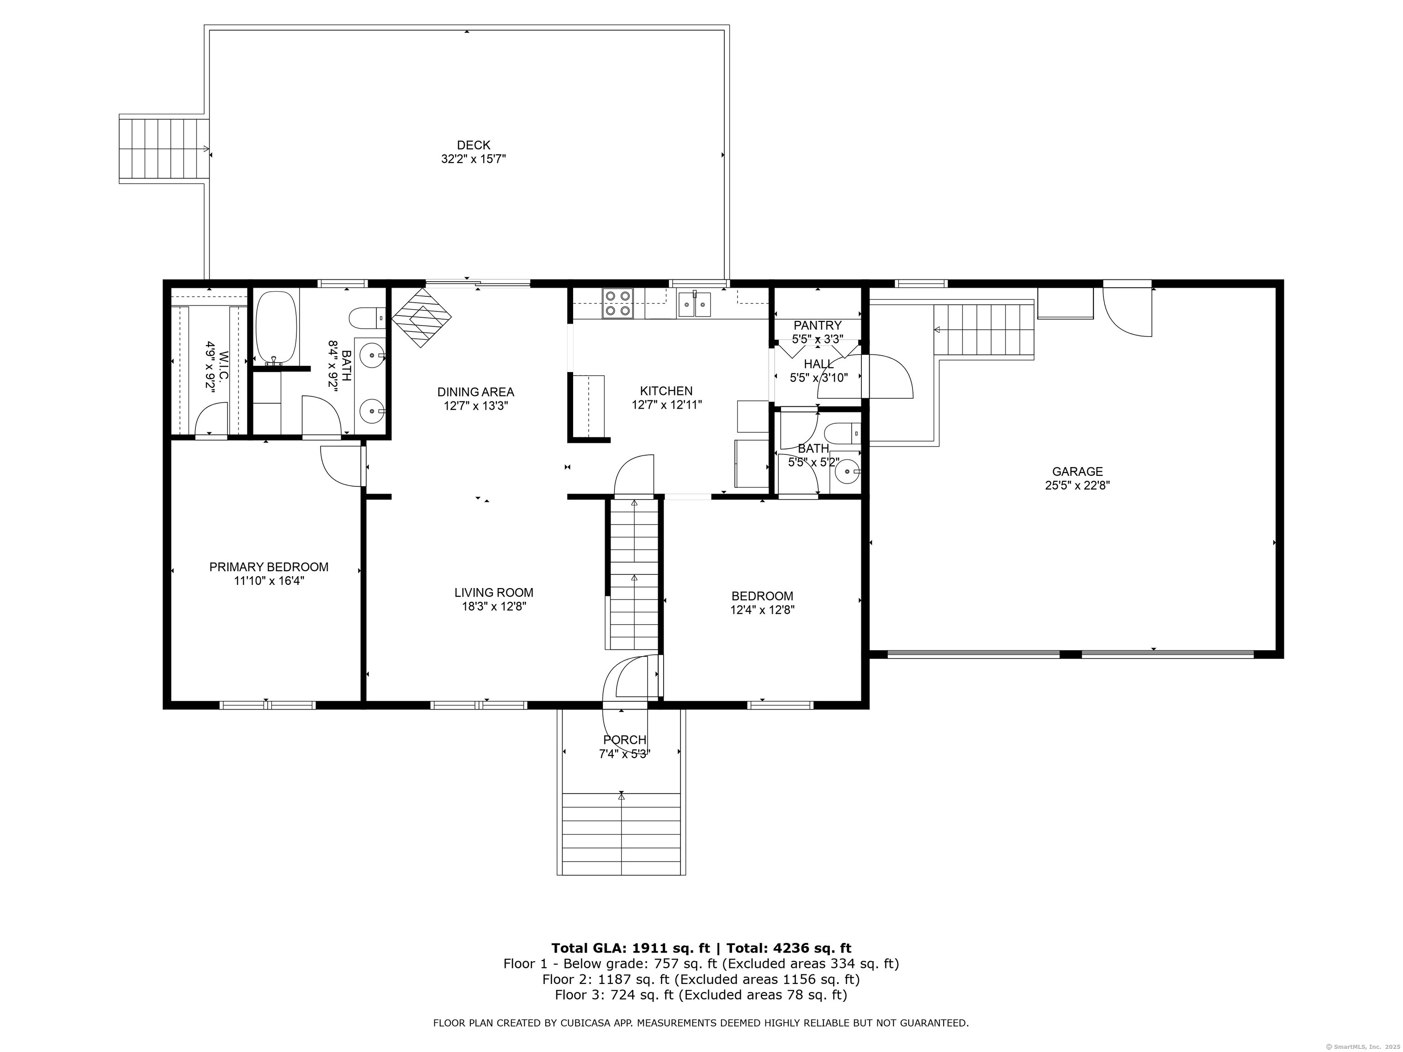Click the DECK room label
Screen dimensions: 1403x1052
tap(473, 145)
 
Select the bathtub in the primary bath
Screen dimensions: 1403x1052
tap(276, 327)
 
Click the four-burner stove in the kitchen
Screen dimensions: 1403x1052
tap(618, 303)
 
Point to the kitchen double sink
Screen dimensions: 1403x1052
tap(695, 304)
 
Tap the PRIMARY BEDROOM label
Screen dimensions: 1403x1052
tap(269, 567)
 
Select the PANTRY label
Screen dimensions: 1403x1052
tap(818, 325)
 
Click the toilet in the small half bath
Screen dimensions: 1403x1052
tap(845, 434)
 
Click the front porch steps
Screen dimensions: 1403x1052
tap(621, 833)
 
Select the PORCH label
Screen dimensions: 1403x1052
tap(625, 739)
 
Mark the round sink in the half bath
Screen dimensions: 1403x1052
tap(847, 471)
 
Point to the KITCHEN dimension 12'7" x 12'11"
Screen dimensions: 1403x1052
tap(667, 405)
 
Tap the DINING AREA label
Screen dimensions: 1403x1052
tap(476, 392)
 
